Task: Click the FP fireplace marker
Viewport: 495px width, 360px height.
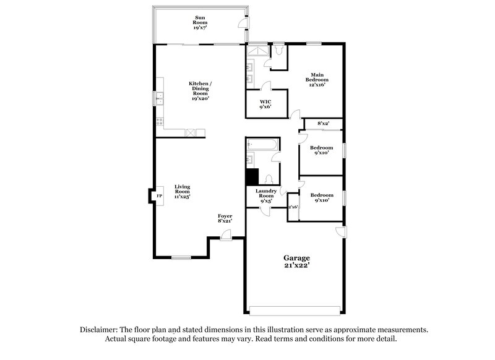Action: click(x=158, y=196)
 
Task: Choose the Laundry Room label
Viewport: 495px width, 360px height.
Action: click(x=267, y=196)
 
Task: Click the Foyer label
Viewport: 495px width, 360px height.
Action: click(x=225, y=218)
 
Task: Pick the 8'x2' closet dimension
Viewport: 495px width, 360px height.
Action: click(x=323, y=124)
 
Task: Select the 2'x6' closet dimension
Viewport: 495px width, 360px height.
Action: click(x=293, y=207)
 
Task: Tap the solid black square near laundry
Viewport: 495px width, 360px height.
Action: click(x=252, y=176)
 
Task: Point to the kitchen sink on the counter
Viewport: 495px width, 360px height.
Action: click(x=159, y=96)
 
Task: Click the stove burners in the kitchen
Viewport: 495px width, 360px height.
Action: click(x=159, y=121)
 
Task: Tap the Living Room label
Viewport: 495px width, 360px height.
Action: click(x=182, y=191)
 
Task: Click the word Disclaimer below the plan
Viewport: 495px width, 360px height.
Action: click(x=100, y=330)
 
